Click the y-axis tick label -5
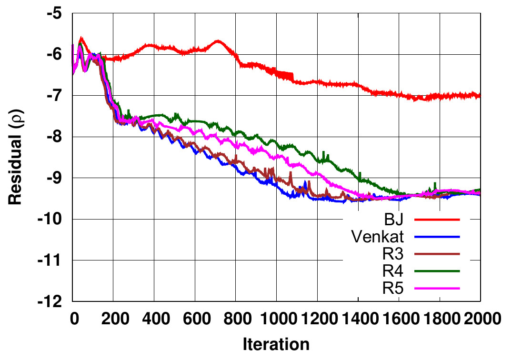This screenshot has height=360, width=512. [55, 13]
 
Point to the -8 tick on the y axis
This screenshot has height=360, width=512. [55, 137]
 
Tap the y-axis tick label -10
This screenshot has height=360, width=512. [51, 220]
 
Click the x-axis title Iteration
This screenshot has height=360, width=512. [276, 344]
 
